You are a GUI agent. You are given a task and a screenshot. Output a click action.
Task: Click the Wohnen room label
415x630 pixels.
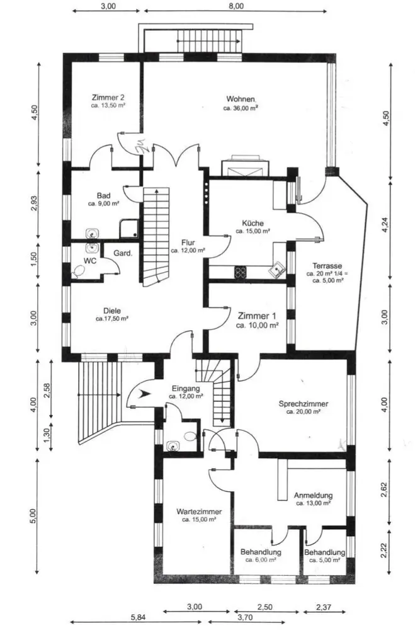(240, 99)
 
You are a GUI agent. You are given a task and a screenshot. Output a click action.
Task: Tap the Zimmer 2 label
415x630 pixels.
(108, 97)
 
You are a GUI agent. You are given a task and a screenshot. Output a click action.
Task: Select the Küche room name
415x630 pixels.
(253, 223)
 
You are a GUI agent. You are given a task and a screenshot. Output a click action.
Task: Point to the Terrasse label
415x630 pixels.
(327, 266)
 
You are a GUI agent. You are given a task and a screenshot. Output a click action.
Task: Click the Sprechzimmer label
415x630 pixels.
(304, 403)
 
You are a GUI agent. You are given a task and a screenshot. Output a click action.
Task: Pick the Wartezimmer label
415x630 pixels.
(199, 512)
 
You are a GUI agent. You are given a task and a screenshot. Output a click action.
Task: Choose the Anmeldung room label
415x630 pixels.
(313, 495)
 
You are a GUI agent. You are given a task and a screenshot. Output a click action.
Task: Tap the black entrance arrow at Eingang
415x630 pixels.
(145, 394)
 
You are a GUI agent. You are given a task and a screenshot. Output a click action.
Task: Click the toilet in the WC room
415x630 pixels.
(78, 272)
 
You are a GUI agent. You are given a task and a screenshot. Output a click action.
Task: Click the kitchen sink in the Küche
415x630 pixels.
(277, 268)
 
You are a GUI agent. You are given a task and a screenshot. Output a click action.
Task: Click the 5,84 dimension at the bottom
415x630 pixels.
(138, 617)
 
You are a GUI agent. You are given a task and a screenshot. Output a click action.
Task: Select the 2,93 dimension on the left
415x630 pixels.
(35, 202)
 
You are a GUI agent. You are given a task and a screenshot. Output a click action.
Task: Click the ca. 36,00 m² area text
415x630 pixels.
(240, 108)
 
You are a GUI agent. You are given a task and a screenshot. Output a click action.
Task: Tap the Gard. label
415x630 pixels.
(123, 253)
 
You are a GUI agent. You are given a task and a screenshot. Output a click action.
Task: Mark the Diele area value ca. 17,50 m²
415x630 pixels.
(111, 319)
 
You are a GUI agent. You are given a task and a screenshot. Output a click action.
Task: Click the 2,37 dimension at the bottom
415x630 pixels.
(324, 607)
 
